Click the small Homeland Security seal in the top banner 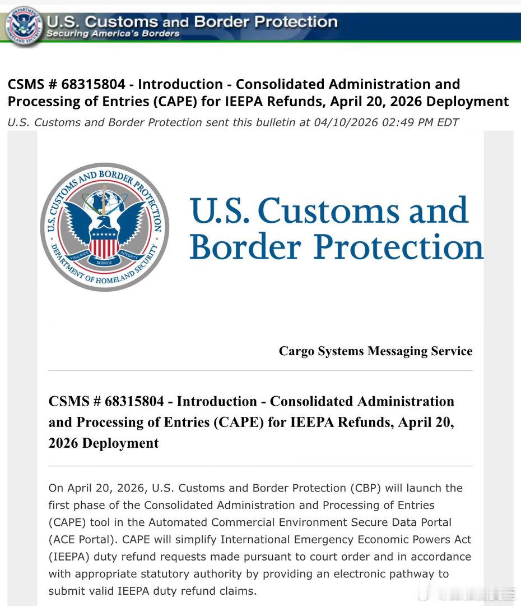24,25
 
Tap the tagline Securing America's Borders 113,34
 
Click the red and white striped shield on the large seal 104,245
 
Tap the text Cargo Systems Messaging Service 375,351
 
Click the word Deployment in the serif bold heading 120,443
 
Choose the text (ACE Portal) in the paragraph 82,540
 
